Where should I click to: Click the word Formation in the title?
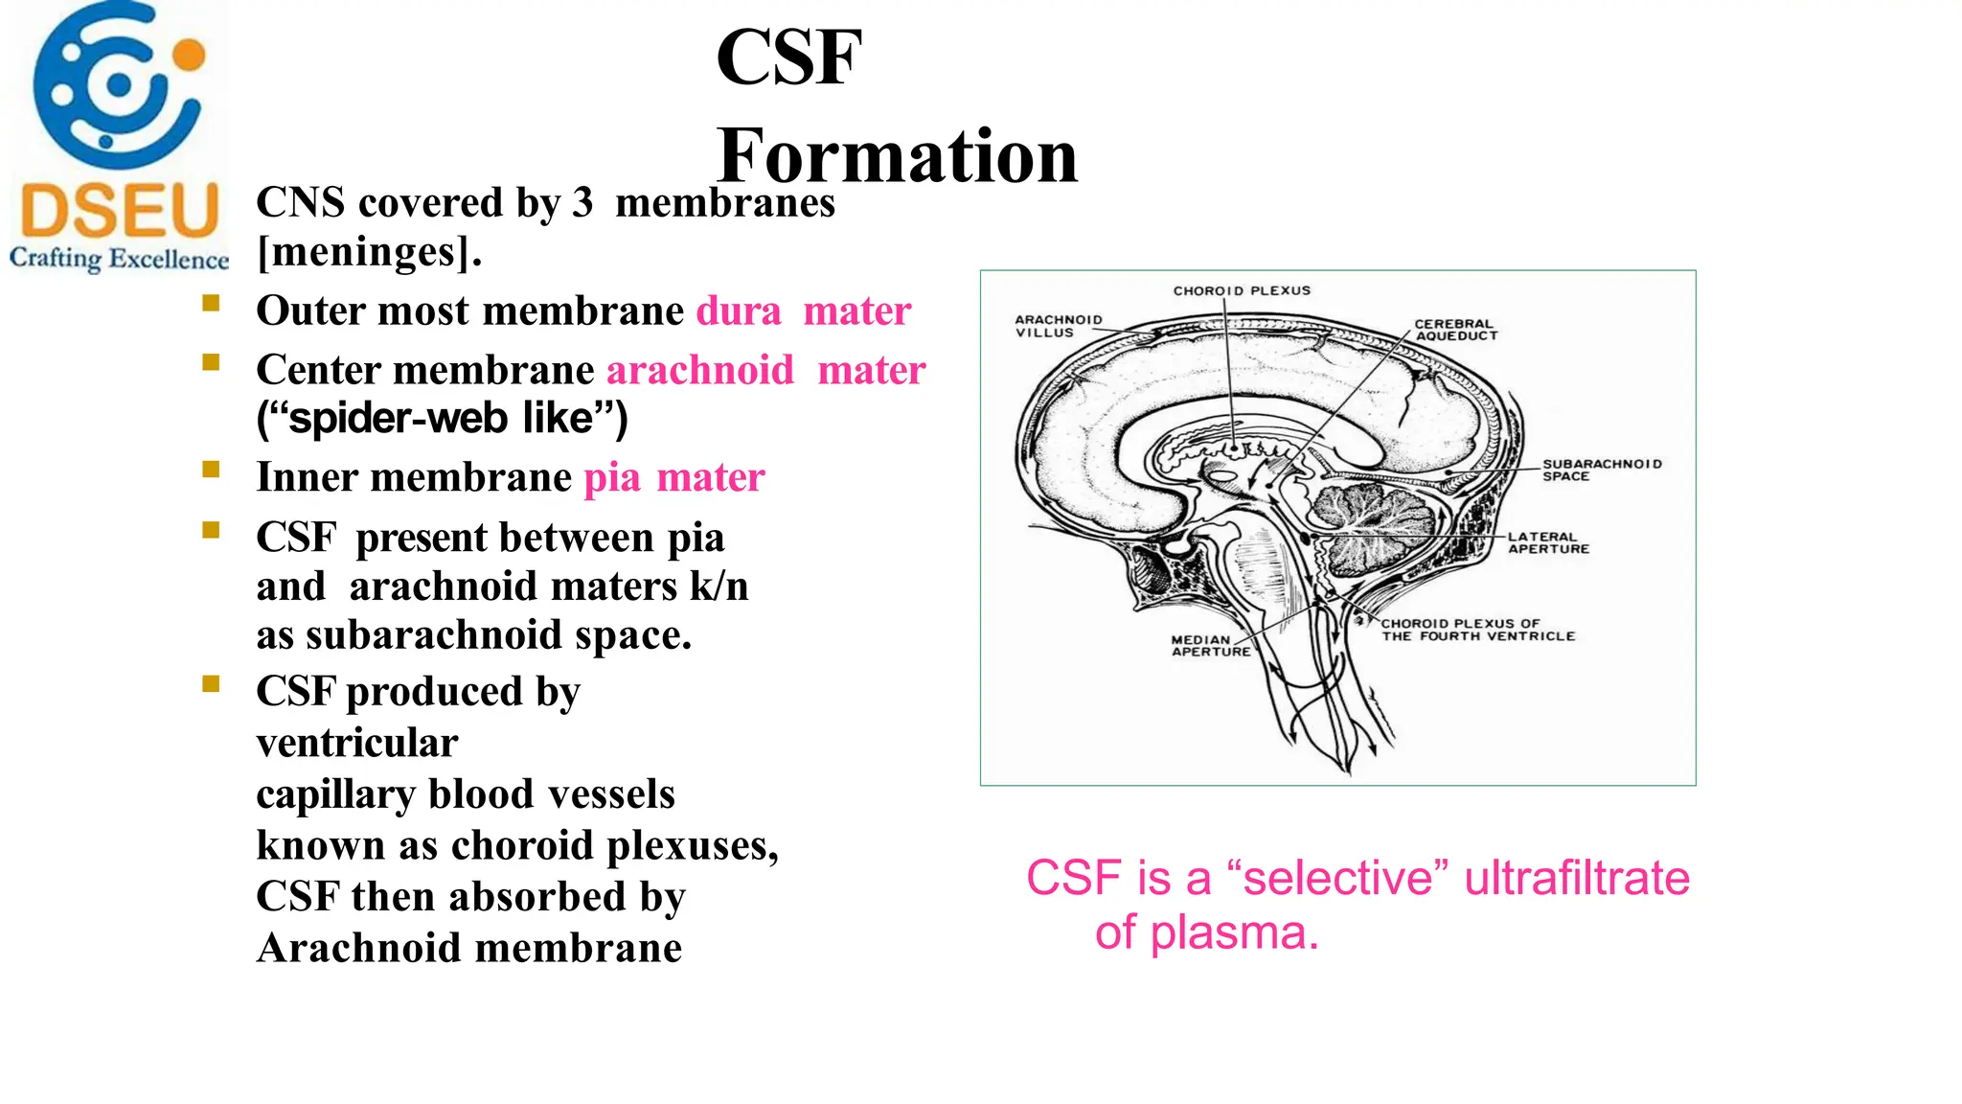point(897,156)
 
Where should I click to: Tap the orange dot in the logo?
point(190,54)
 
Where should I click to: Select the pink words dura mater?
point(803,310)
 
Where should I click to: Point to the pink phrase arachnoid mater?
point(765,370)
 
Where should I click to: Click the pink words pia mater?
point(674,477)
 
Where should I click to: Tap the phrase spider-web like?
point(442,419)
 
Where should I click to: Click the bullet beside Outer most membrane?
point(212,305)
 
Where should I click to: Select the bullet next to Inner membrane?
point(212,470)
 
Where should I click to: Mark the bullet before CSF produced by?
point(212,684)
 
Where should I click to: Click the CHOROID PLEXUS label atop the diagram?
point(1242,290)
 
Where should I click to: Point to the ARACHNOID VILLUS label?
point(1058,326)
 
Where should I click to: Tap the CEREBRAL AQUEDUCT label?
point(1455,330)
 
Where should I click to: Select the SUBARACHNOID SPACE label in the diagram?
point(1601,470)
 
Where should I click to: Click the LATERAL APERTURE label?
point(1548,542)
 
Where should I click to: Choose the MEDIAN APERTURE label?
point(1210,645)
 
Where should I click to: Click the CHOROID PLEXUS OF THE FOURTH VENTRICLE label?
point(1477,630)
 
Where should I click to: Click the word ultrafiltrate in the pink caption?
point(1577,878)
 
